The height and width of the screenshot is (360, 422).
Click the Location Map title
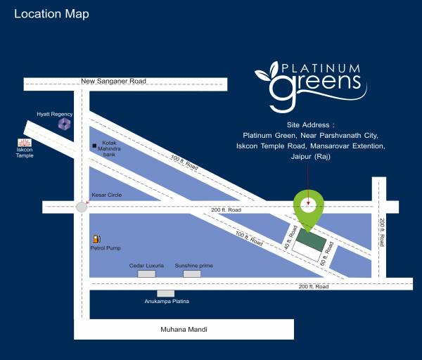(x=51, y=14)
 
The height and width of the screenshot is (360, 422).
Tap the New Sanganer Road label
(x=113, y=81)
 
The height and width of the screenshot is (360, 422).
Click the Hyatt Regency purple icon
(x=65, y=124)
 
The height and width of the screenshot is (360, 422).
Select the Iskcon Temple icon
(x=25, y=143)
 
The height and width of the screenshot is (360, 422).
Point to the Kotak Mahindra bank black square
(x=94, y=146)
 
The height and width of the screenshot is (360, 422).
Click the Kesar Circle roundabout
(x=82, y=207)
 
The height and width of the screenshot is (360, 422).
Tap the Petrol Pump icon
(x=96, y=239)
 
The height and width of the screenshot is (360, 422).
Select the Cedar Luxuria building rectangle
(x=146, y=274)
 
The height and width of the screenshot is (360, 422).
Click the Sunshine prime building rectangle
(x=192, y=274)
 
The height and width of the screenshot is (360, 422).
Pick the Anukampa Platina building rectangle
(x=166, y=293)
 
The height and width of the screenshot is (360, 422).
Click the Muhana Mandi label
(x=185, y=329)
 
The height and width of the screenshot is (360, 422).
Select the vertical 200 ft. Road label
(x=382, y=232)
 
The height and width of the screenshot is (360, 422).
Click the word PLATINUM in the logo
(x=321, y=69)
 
